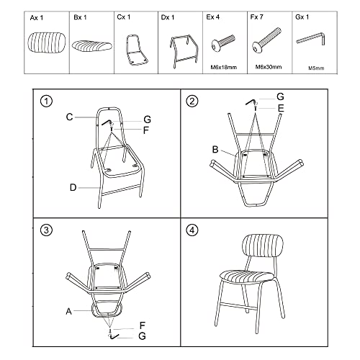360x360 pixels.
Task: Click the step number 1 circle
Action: coord(46,102)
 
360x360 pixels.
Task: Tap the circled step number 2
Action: coord(192,101)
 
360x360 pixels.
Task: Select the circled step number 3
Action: coord(46,230)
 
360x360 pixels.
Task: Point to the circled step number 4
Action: coord(192,230)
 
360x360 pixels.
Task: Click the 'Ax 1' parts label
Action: coord(37,18)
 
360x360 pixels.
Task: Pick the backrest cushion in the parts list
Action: coord(47,42)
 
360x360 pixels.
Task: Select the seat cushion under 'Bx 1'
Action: coord(91,45)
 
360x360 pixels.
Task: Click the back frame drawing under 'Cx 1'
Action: coord(136,50)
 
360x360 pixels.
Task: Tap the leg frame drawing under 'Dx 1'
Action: coord(184,51)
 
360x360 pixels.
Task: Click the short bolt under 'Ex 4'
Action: coord(223,42)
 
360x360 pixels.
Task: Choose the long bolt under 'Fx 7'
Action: coord(266,40)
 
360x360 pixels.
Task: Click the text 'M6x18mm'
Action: coord(223,67)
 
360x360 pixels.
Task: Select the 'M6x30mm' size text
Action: coord(269,67)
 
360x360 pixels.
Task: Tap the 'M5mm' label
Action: coord(316,68)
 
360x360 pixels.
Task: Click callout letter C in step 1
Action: coord(69,117)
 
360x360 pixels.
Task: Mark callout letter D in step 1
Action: coord(73,187)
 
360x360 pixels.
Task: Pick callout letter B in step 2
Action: coord(215,150)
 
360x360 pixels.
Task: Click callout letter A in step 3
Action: coord(69,311)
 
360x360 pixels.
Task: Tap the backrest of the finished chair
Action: coord(263,245)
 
